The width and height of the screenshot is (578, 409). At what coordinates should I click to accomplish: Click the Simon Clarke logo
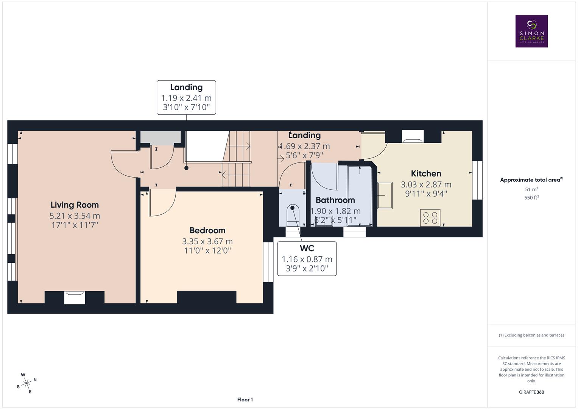[531, 31]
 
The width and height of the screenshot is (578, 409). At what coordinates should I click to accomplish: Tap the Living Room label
[75, 205]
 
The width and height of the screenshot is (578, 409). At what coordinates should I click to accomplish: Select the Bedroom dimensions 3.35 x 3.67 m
[207, 241]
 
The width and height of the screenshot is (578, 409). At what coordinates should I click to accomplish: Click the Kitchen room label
[426, 173]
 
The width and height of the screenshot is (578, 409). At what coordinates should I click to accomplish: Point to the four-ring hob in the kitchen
[430, 218]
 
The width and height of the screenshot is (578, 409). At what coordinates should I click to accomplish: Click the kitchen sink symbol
[385, 195]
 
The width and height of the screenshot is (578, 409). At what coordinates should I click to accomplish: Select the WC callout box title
[307, 248]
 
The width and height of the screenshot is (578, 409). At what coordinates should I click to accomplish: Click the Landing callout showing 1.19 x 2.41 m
[186, 97]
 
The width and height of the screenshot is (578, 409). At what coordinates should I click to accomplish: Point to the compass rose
[26, 383]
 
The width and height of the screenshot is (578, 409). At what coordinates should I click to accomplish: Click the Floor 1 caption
[245, 400]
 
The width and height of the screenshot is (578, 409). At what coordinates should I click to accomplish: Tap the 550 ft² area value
[531, 197]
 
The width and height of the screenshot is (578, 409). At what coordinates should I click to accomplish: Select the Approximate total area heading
[531, 180]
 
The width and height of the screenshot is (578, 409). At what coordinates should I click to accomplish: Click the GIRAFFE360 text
[531, 392]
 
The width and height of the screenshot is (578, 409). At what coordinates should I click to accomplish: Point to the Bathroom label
[335, 200]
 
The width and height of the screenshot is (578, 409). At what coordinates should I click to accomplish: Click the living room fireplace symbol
[74, 297]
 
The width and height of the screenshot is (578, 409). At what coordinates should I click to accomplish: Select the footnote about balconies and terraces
[531, 335]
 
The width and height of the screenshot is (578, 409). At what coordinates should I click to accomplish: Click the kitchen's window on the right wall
[477, 180]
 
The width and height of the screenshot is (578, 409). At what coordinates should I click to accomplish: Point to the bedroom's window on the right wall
[268, 262]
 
